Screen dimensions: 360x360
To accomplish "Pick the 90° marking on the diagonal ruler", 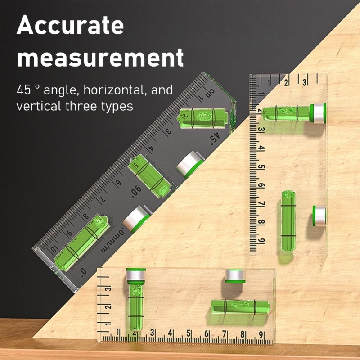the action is (136, 192).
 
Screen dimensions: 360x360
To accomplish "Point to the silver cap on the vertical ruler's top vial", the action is (319, 113).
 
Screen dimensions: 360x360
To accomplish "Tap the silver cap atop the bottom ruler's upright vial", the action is (136, 274).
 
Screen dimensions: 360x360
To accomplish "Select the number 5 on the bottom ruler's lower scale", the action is (189, 334).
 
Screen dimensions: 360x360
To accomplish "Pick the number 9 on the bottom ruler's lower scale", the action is (261, 334).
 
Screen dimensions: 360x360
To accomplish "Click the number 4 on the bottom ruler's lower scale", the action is (171, 334).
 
